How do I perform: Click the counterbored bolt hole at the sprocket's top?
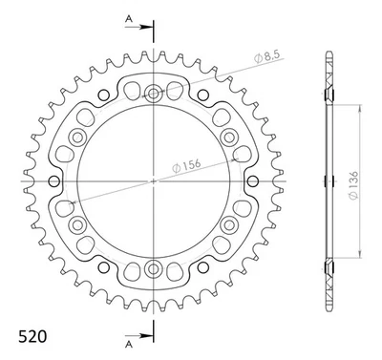(153, 94)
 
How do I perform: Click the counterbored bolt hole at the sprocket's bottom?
(153, 265)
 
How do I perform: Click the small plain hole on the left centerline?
(54, 180)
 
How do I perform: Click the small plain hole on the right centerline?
(251, 180)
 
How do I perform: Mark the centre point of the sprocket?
(153, 180)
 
